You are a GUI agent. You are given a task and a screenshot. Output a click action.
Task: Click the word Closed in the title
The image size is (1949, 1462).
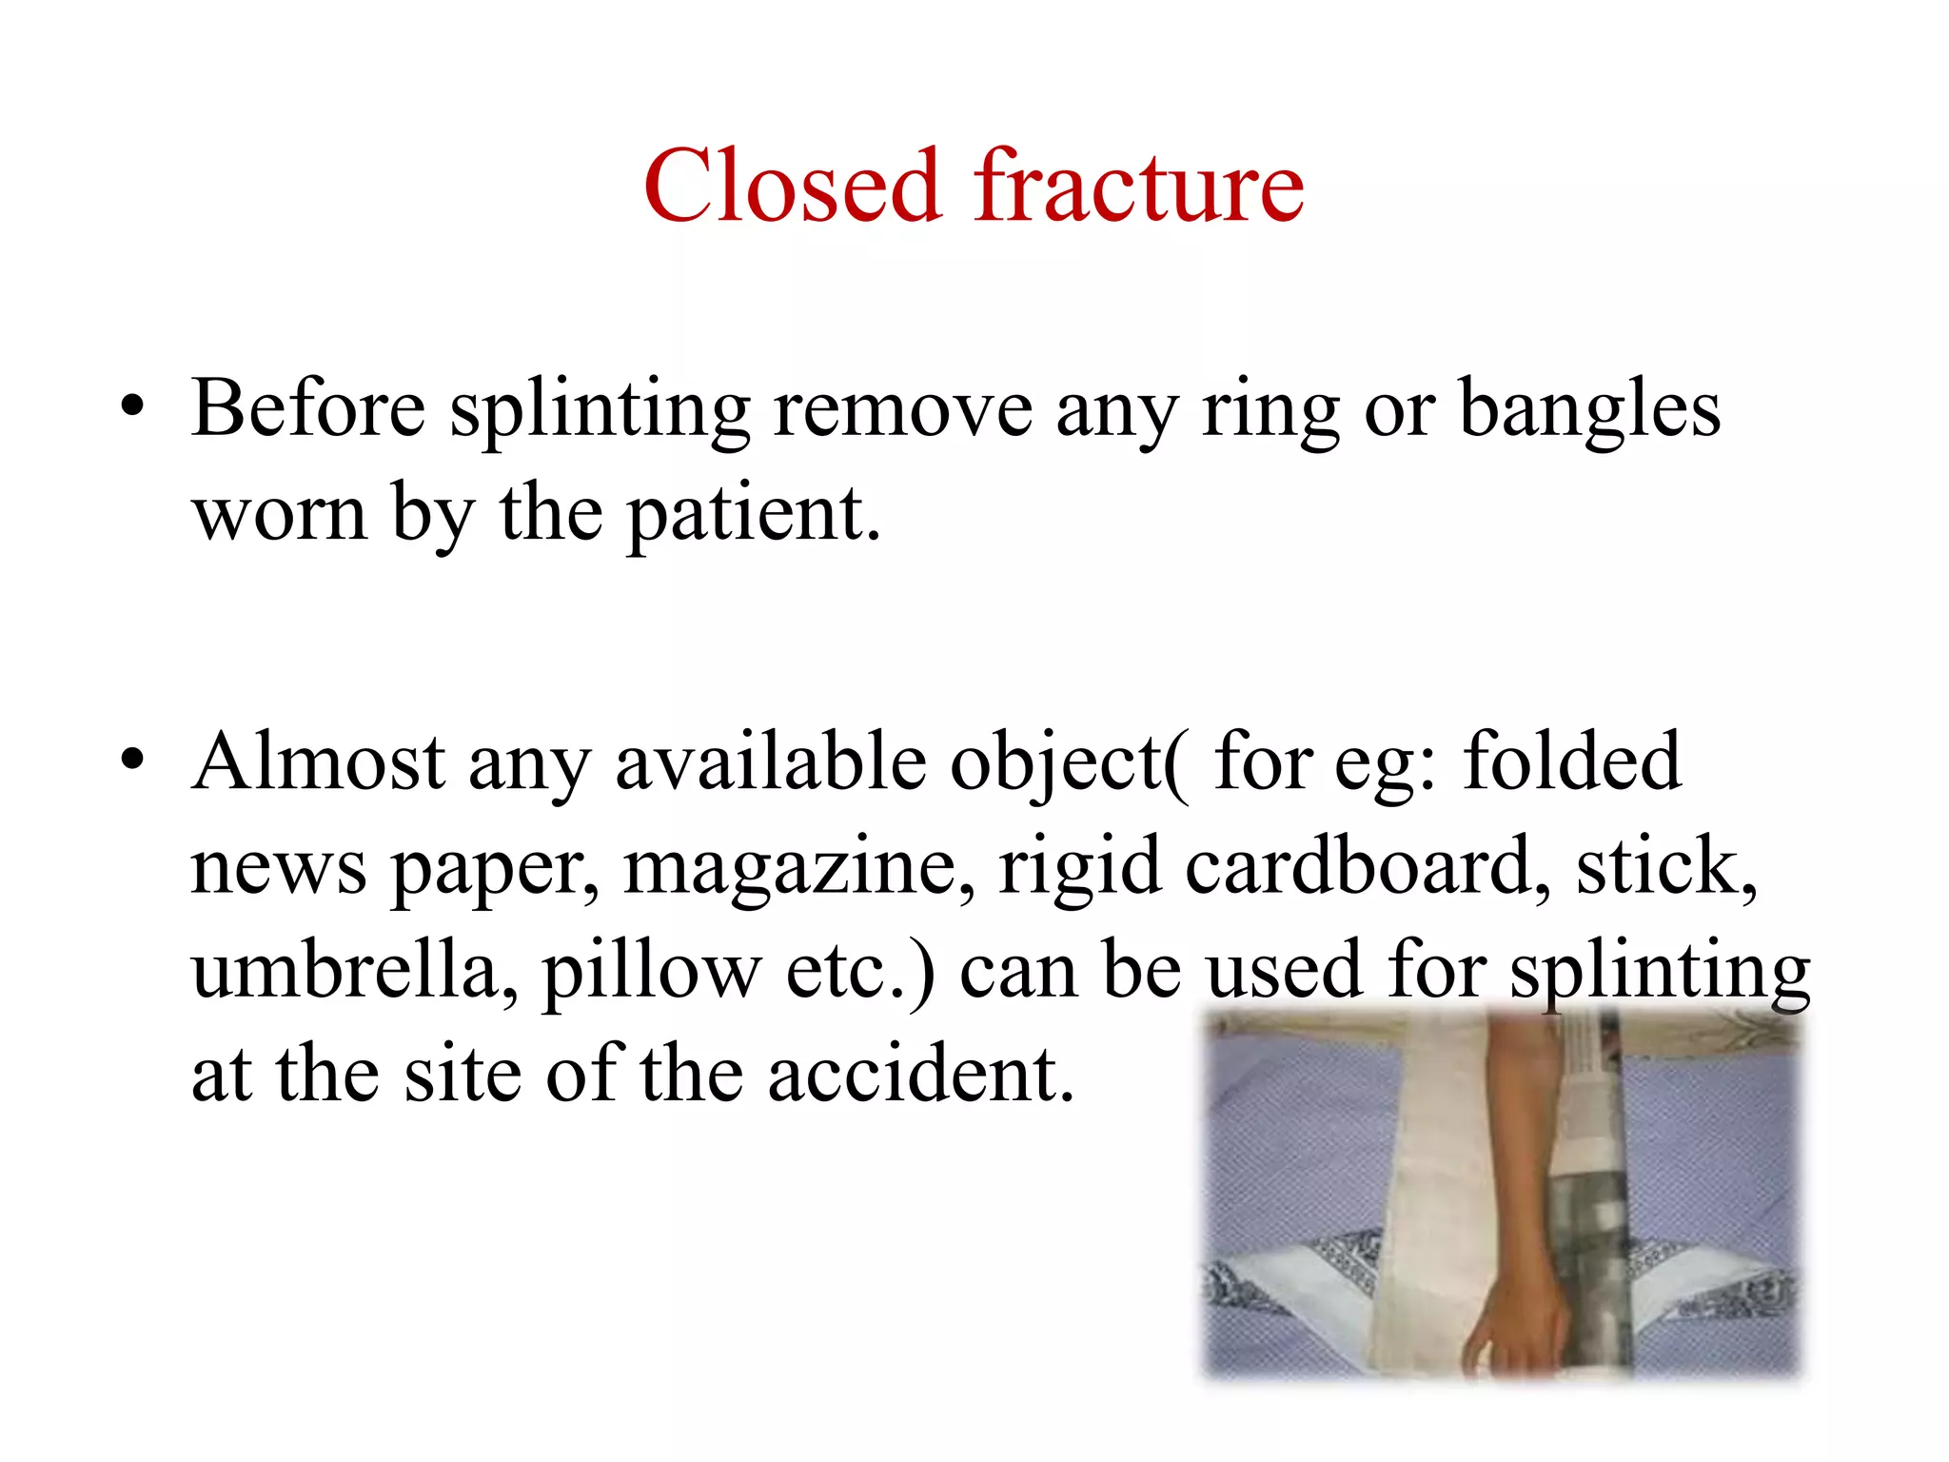click(x=791, y=187)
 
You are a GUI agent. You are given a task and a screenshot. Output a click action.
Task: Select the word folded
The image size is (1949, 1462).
click(x=1572, y=762)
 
